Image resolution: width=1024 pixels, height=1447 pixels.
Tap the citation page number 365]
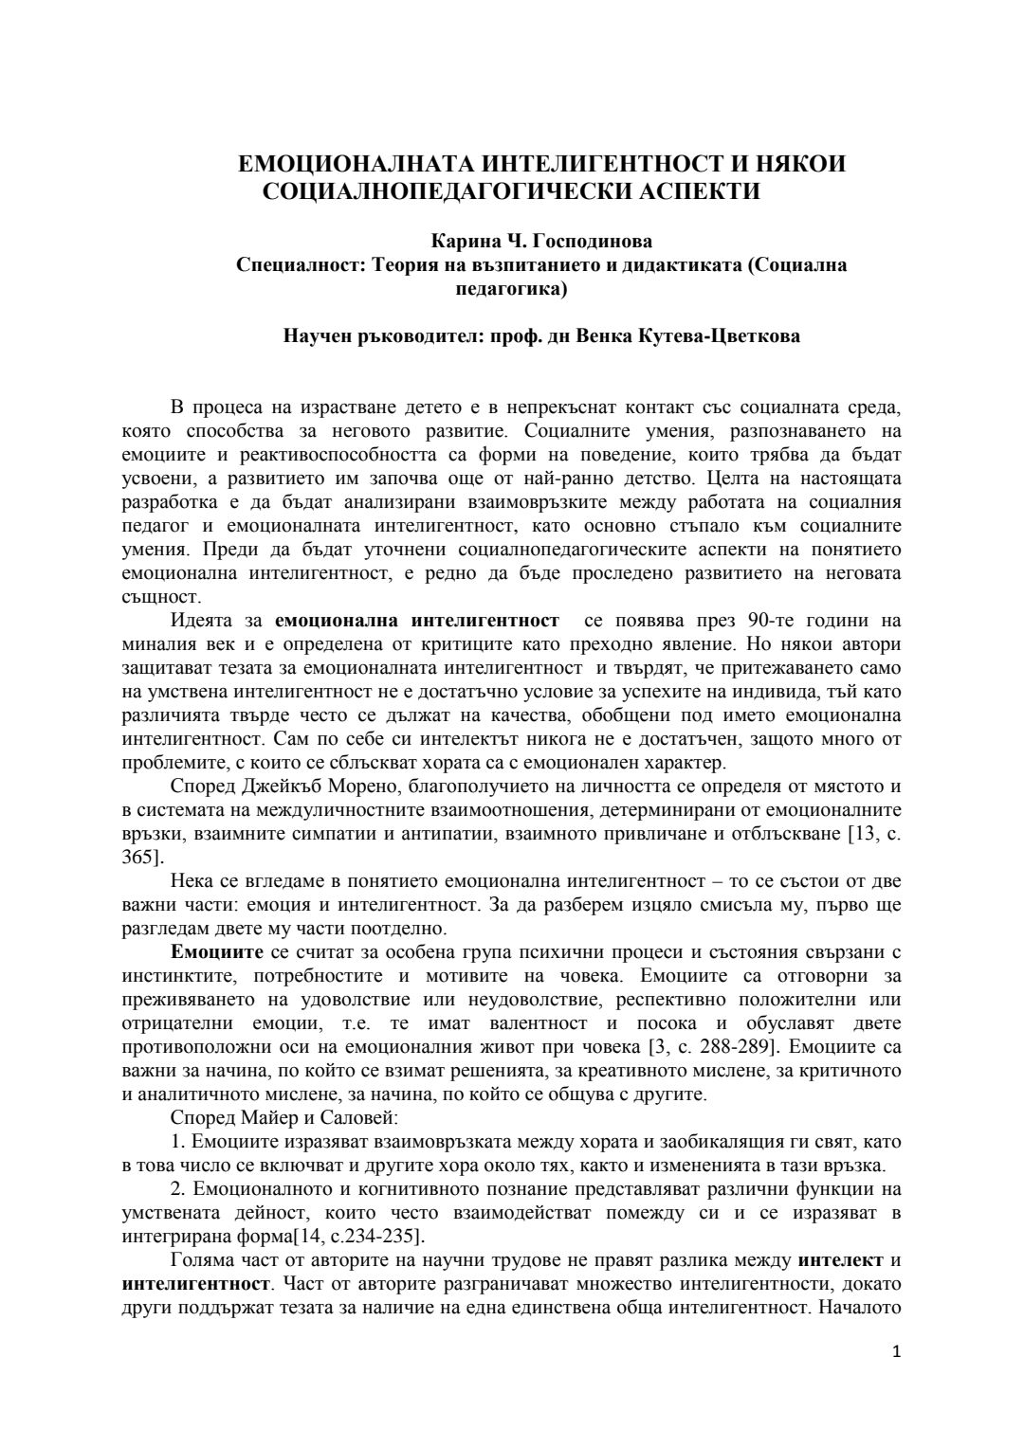coord(143,858)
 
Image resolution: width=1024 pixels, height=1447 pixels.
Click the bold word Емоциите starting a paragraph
coord(213,952)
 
